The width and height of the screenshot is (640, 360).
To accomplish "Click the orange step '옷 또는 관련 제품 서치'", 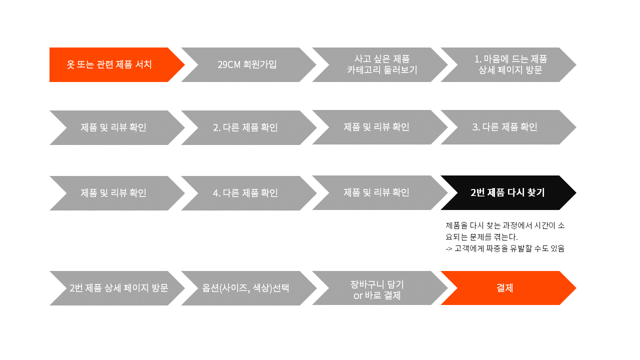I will coord(109,64).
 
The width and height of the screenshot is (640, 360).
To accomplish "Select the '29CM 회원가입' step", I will coord(247,64).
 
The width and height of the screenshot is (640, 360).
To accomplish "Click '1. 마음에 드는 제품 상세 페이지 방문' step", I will coord(510,64).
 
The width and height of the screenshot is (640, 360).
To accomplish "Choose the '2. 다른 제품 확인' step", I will coord(245,127).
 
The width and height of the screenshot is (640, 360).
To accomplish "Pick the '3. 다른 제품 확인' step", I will coord(505,127).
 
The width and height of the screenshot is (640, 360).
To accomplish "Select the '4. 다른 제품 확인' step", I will coord(245,193).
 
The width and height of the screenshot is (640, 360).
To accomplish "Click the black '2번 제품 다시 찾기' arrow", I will coord(507,192).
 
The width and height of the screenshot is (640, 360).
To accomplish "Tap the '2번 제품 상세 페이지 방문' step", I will coord(119,288).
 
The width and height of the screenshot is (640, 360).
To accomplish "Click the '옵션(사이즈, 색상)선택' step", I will coord(245,288).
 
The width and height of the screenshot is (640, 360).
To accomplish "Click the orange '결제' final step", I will coord(505,288).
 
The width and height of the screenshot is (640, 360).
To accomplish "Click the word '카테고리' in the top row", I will coord(365,70).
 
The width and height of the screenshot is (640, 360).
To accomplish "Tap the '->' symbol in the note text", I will coord(448,248).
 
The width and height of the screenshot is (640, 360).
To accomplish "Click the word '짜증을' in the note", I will coord(497,248).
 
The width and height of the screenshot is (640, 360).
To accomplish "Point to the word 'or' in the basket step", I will coord(357,295).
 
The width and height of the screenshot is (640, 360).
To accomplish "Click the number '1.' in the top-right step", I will coord(477,59).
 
